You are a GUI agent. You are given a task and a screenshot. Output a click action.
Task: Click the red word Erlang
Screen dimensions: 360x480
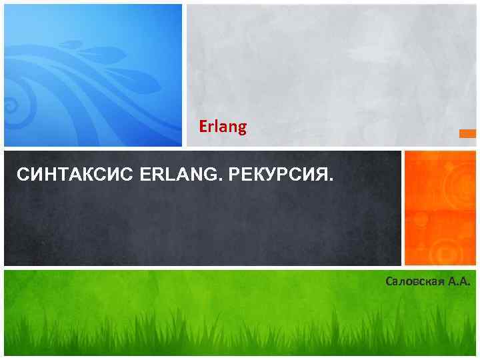[x=223, y=126]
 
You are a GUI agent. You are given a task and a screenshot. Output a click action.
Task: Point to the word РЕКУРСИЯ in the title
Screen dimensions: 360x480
[x=279, y=176]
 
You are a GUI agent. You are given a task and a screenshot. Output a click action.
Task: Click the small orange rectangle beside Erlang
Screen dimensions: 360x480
[x=468, y=134]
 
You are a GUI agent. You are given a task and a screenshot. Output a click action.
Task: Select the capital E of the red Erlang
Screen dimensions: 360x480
[x=203, y=126]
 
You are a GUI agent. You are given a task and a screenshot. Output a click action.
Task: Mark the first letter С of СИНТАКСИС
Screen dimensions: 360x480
[x=21, y=176]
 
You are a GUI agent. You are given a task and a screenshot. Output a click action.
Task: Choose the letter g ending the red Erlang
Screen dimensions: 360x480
[x=242, y=127]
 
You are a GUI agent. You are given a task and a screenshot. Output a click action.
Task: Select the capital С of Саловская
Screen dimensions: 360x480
[x=389, y=282]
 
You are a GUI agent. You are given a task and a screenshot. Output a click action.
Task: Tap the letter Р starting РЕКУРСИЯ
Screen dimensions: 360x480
[x=233, y=176]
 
